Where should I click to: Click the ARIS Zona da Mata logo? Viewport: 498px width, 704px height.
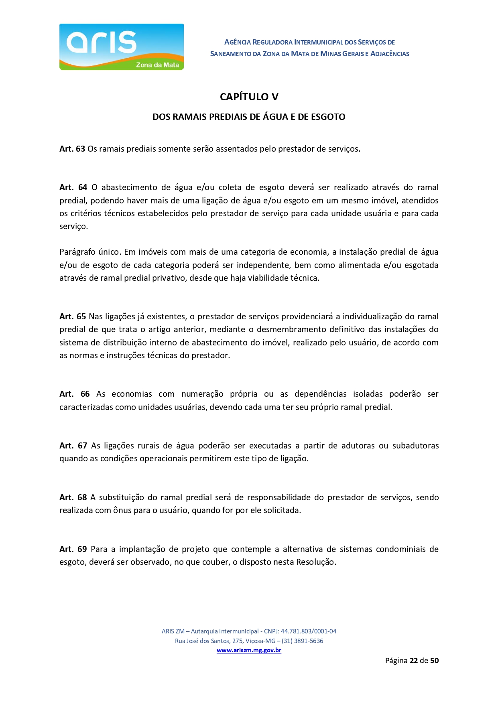pos(121,47)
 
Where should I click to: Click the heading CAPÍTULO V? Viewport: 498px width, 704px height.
pos(249,97)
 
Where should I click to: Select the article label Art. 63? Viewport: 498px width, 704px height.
pos(72,149)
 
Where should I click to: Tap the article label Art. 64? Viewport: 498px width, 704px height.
pos(73,187)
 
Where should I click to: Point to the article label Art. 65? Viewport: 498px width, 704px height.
pos(73,316)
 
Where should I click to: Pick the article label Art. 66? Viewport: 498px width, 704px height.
pos(74,394)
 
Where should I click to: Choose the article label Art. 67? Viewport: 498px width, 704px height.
pos(73,446)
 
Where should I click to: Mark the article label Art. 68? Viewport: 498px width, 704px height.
pos(73,497)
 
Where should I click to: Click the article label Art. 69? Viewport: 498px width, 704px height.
pos(73,549)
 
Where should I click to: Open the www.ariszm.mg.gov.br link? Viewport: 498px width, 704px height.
pos(249,650)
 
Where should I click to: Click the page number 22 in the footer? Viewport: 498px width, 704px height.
pos(414,660)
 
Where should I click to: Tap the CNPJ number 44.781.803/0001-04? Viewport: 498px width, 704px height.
pos(308,631)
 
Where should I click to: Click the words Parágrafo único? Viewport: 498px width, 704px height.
pos(90,252)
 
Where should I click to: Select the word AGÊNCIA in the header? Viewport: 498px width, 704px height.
pos(238,42)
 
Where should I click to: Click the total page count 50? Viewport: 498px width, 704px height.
pos(434,660)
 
